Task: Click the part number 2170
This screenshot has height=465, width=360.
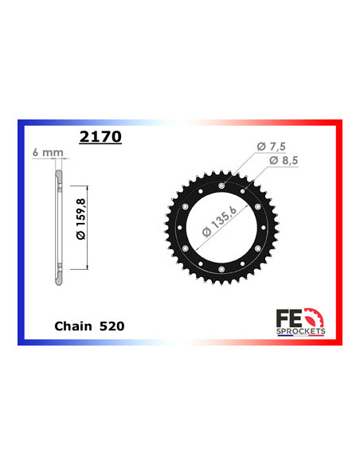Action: coord(100,137)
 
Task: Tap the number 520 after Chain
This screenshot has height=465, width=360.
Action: coord(112,326)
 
